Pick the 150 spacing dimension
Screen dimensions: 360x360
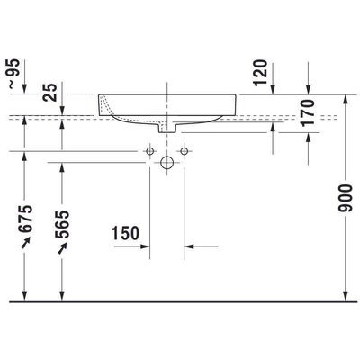point(127,234)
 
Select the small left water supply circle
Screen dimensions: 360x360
point(149,148)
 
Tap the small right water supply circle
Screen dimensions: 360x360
point(184,148)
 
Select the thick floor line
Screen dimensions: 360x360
point(180,300)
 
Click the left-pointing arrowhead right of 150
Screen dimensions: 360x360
point(189,245)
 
